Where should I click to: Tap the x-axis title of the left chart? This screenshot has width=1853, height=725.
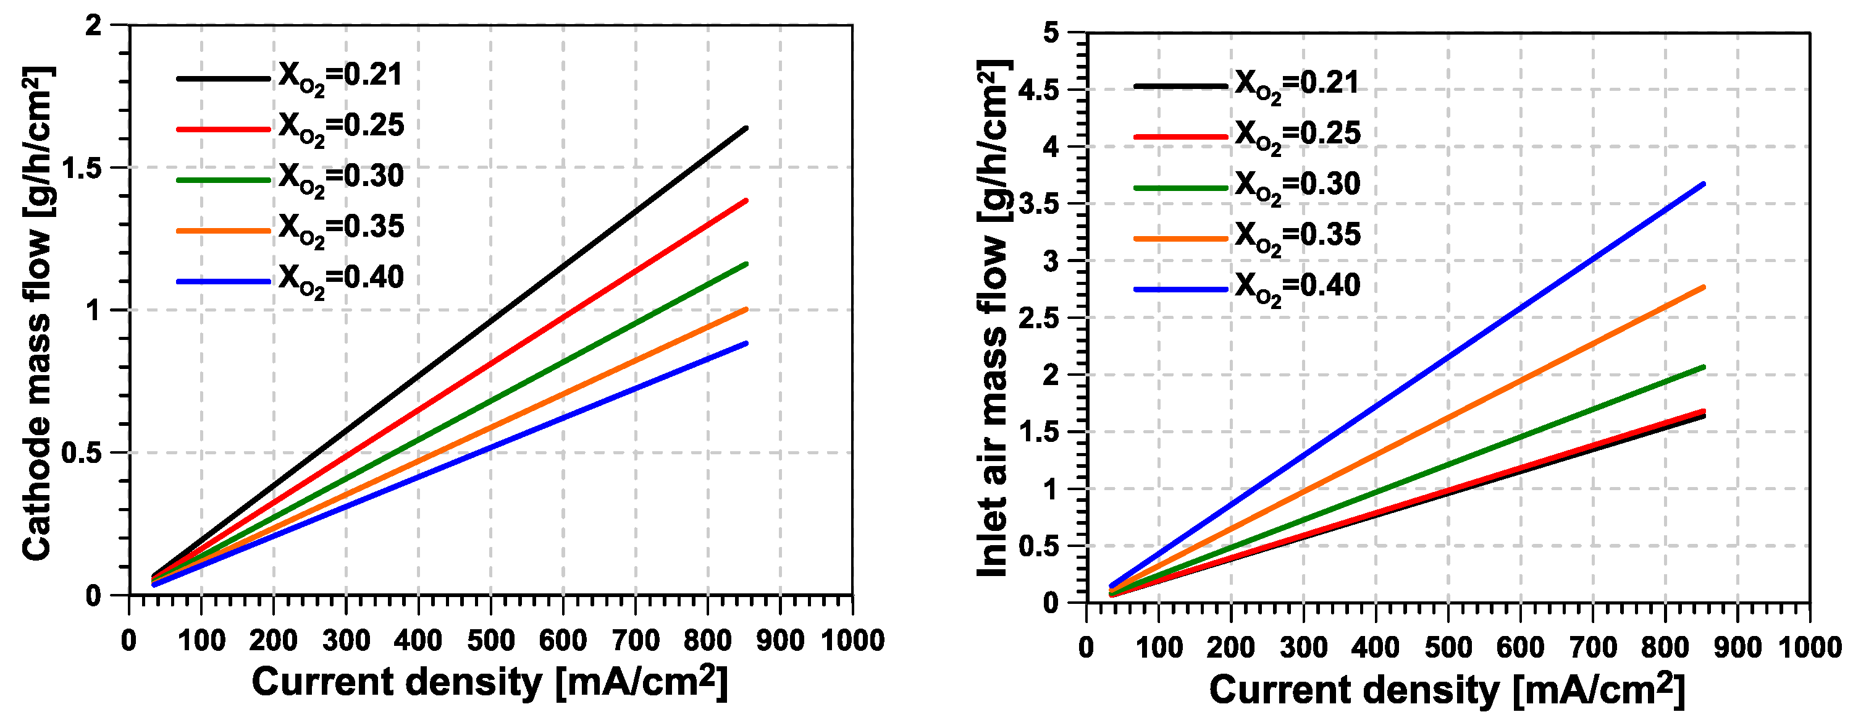coord(489,682)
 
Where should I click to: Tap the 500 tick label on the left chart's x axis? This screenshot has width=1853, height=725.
coord(490,641)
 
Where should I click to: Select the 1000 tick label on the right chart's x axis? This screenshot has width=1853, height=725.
coord(1810,648)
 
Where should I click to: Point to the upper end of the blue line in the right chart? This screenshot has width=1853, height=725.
coord(1704,184)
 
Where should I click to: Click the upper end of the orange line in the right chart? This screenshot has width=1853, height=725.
coord(1704,287)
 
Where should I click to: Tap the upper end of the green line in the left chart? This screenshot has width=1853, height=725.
coord(746,264)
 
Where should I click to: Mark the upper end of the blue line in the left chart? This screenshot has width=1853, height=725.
coord(746,344)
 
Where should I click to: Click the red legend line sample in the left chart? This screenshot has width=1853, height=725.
coord(223,130)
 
